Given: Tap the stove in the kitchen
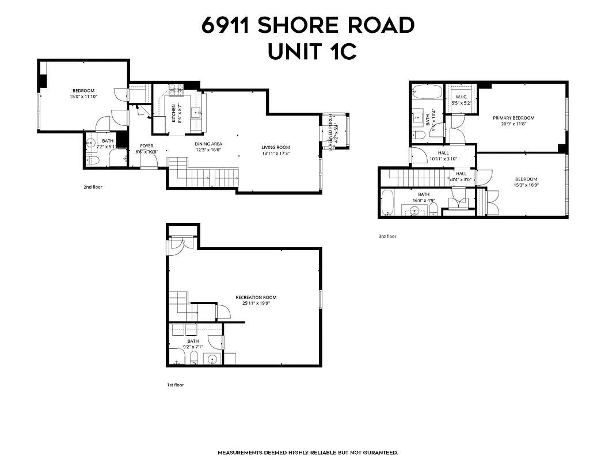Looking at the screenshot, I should [x=175, y=91].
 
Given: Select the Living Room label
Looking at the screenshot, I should [x=276, y=147].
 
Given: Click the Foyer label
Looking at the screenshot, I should [x=147, y=145].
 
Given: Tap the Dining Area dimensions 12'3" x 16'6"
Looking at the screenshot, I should [x=208, y=150].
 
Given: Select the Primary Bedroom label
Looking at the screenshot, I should [x=514, y=118].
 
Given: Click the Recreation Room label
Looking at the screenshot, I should [x=256, y=297].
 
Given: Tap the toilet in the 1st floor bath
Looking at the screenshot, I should [x=194, y=359].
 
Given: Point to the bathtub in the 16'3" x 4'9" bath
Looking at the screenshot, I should [x=387, y=202].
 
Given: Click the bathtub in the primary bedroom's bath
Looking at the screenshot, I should [x=427, y=92].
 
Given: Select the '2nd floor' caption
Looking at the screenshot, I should [x=93, y=187].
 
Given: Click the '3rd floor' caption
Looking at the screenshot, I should [x=387, y=236].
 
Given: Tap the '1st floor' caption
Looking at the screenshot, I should [x=175, y=385].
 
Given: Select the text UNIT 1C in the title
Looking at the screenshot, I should [x=312, y=52].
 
